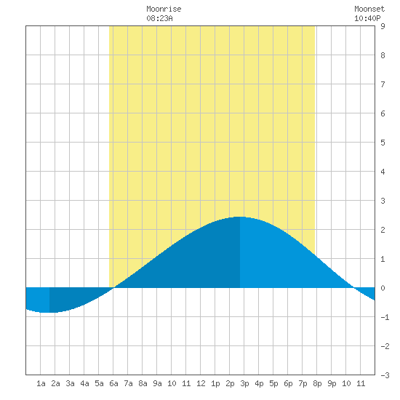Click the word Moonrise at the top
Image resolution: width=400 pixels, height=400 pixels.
pos(164,9)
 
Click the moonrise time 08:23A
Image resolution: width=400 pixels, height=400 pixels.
pos(159,18)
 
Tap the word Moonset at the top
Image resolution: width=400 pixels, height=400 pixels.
pos(369,9)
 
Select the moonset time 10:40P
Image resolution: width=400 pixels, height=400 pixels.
pos(367,18)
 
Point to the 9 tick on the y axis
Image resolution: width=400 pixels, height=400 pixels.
pos(383,26)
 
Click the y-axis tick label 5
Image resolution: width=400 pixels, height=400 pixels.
pos(383,143)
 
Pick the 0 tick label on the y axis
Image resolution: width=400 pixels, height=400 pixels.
pos(383,288)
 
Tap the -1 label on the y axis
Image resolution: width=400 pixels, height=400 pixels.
pos(385,317)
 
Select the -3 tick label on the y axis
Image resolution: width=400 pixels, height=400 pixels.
pos(385,375)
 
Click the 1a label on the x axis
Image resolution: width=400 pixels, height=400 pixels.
pos(41,383)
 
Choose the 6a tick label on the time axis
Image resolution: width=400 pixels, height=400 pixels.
pos(113,383)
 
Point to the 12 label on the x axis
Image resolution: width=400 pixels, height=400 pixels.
pos(201,383)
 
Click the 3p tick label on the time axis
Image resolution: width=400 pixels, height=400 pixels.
pos(244,383)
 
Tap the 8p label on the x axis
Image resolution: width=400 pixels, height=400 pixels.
pos(317,383)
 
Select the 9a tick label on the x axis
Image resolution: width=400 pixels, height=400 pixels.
pos(157,383)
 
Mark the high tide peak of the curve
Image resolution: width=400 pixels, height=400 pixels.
pos(240,217)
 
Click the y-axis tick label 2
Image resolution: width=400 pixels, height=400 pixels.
pos(383,230)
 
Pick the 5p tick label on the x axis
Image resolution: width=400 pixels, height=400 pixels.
pos(273,383)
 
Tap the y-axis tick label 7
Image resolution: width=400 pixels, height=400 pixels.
pos(383,84)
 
